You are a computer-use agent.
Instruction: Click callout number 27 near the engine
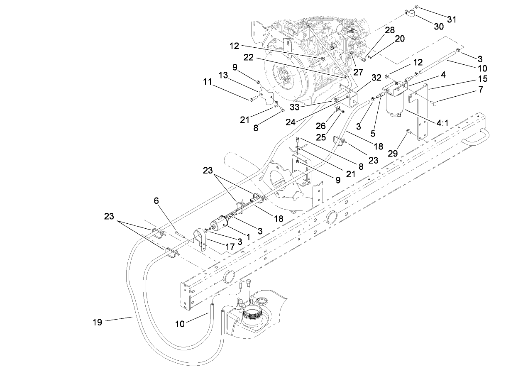tap(358, 71)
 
